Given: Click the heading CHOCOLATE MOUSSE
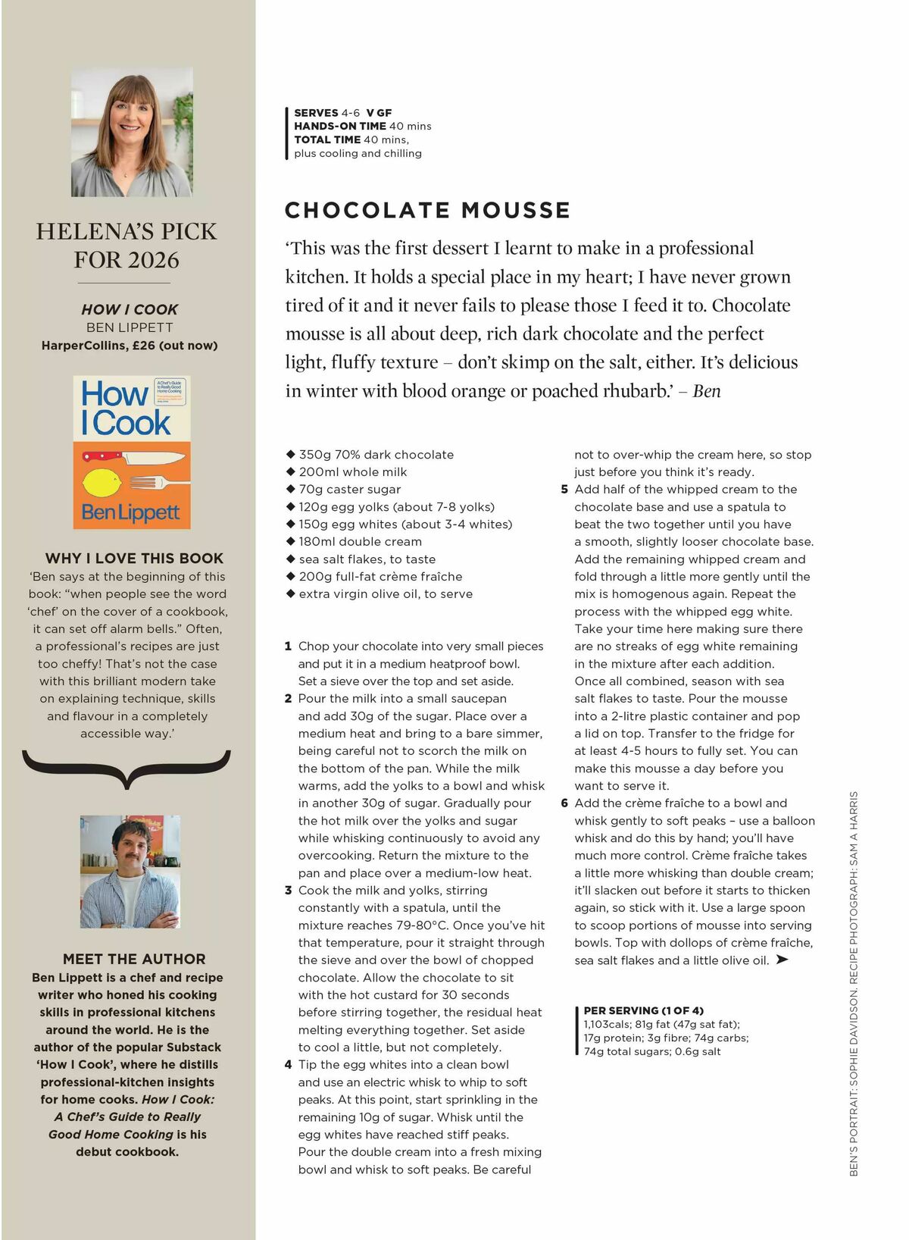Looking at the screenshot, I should point(427,211).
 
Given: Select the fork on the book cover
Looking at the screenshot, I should point(148,482).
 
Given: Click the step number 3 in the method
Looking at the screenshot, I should point(289,891).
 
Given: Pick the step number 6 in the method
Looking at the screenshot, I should point(564,803).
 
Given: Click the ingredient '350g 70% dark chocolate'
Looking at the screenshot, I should point(376,455).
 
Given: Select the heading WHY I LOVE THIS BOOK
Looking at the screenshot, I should point(134,559).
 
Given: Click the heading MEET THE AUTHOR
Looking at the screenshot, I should point(134,960).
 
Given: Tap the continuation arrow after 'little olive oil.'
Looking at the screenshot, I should point(782,960).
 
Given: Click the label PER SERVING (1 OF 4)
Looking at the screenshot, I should point(643,1010).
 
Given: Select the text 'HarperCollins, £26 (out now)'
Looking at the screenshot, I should point(130,346).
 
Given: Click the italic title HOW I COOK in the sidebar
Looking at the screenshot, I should point(130,309).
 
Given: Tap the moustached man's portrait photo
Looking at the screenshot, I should point(130,872).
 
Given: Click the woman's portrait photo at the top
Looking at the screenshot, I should point(132,132).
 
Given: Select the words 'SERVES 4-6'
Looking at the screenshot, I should point(327,113).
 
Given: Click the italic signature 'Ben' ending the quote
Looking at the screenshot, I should point(706,391).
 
